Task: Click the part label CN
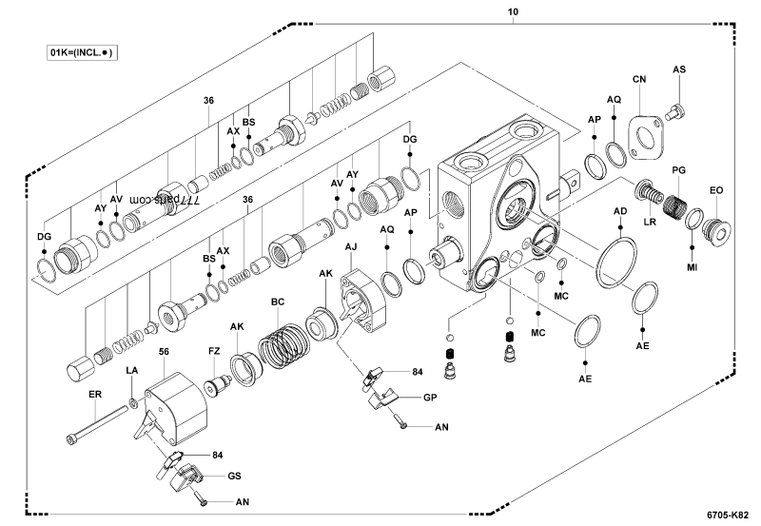coord(639,80)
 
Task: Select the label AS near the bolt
coord(679,69)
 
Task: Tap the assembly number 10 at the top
coord(513,10)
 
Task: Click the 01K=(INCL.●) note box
coord(82,53)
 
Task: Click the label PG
coord(678,169)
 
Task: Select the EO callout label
coord(716,189)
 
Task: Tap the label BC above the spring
coord(278,302)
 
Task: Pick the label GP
coord(429,397)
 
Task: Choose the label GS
coord(233,476)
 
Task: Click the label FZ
coord(214,351)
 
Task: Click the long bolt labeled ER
coord(98,424)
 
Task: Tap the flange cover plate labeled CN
coord(648,134)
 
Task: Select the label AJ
coord(351,246)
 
